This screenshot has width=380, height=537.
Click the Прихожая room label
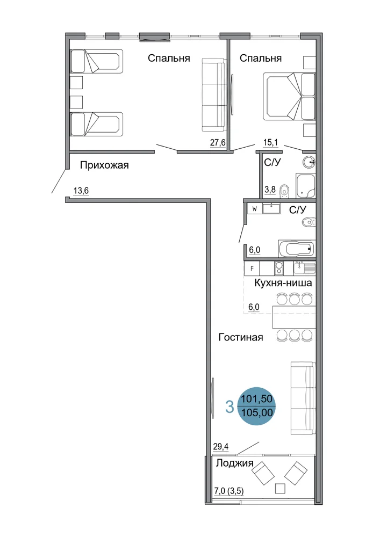pyautogui.click(x=104, y=165)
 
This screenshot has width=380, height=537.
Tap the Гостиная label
pyautogui.click(x=241, y=337)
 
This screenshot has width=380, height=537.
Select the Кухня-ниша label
pyautogui.click(x=283, y=283)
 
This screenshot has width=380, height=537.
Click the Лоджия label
pyautogui.click(x=234, y=463)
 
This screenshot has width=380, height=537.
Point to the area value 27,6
pyautogui.click(x=218, y=142)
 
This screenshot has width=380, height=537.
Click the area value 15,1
pyautogui.click(x=270, y=142)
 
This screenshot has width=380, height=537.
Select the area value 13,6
pyautogui.click(x=81, y=191)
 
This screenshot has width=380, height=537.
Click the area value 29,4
pyautogui.click(x=221, y=447)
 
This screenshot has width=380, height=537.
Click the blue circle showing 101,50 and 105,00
pyautogui.click(x=256, y=406)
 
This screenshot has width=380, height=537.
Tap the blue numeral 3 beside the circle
pyautogui.click(x=230, y=407)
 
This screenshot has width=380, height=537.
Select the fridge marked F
pyautogui.click(x=252, y=268)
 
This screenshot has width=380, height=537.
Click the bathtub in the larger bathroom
pyautogui.click(x=296, y=248)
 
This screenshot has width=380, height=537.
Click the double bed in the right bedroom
pyautogui.click(x=289, y=96)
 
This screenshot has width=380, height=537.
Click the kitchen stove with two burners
pyautogui.click(x=279, y=268)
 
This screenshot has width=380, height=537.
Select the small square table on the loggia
pyautogui.click(x=281, y=488)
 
